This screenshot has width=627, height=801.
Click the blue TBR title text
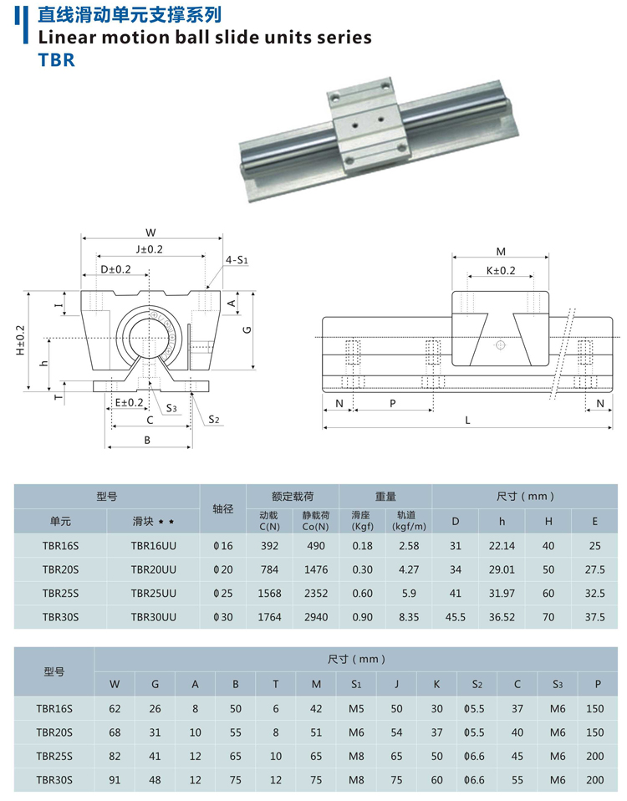coord(56,61)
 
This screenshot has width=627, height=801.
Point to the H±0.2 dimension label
coord(20,339)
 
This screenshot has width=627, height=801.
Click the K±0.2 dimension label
coord(501,271)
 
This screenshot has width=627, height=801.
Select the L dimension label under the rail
coord(467,421)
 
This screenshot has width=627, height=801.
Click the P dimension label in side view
coord(392,402)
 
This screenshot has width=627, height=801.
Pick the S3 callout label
coord(171,408)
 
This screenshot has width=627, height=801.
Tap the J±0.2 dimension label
coord(150,249)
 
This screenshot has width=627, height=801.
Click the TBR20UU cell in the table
coord(154,569)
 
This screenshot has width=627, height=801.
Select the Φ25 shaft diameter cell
coord(223,593)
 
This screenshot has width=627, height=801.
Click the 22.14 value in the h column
coord(502,546)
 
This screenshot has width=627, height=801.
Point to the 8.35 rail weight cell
coord(409,617)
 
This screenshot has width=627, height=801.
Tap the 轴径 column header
coord(223,508)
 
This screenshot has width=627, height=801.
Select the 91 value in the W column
coord(115,780)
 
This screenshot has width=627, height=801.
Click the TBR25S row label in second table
coord(54,756)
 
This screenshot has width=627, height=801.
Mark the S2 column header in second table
coord(477,684)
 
